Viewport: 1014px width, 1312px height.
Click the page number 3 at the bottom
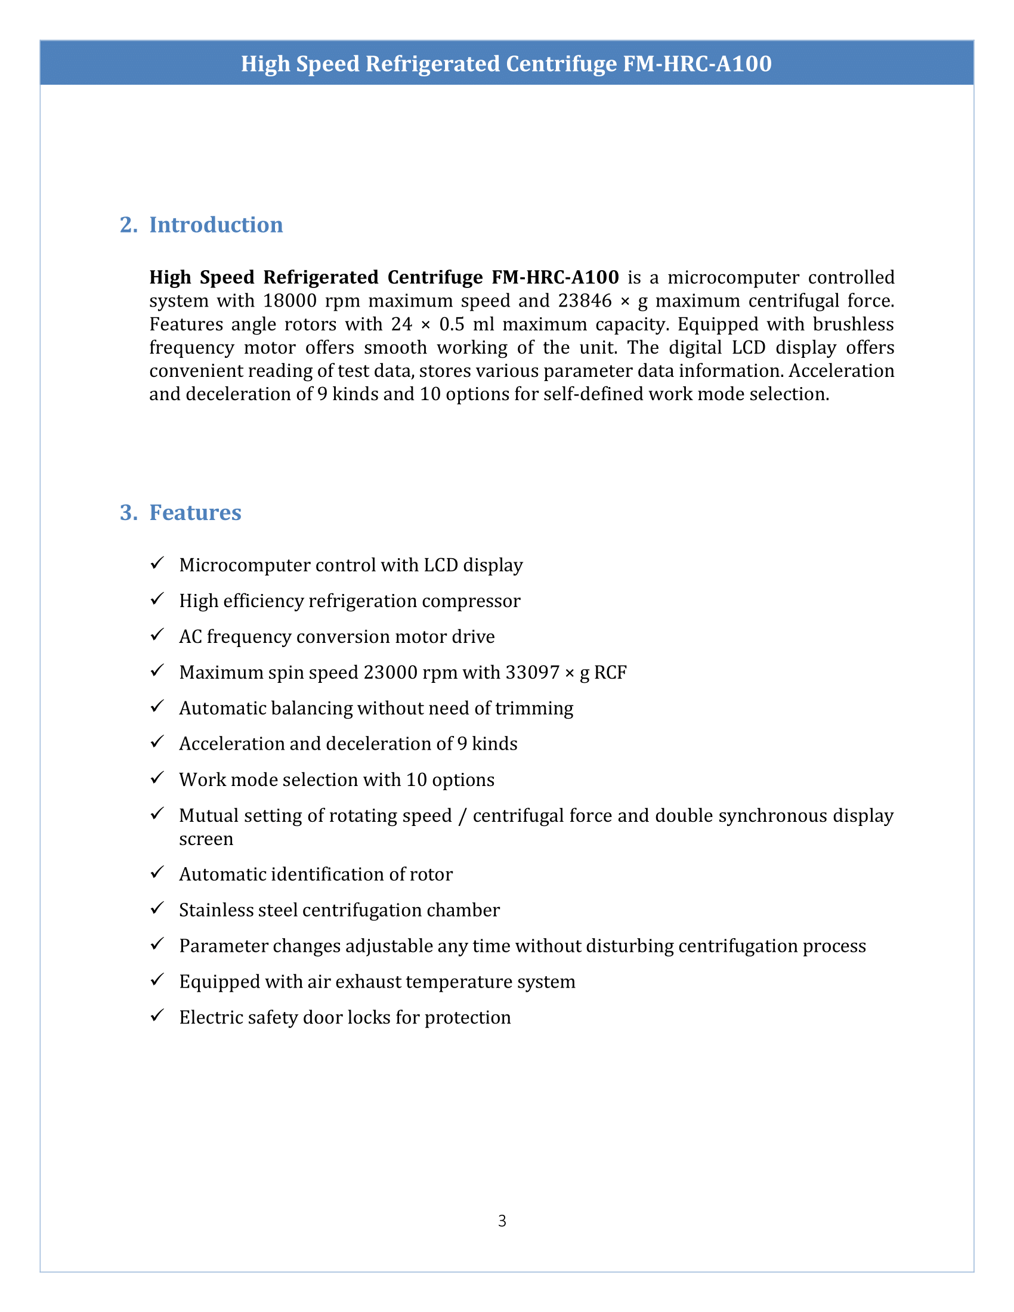coord(502,1221)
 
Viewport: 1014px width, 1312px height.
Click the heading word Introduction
coord(216,225)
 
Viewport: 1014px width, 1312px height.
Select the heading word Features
coord(195,512)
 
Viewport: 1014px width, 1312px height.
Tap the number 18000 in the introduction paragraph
coord(289,301)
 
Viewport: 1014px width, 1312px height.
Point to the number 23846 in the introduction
coord(585,301)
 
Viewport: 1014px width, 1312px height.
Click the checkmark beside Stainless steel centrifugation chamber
coord(157,908)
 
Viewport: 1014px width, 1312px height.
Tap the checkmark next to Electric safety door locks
coord(157,1015)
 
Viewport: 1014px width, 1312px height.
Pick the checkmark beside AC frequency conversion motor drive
coord(157,635)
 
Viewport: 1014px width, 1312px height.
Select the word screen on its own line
coord(206,839)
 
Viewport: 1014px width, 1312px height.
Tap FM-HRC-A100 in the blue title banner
coord(697,64)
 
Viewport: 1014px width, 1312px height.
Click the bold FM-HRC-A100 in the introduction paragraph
coord(555,277)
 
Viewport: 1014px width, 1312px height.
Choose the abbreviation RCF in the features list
coord(610,672)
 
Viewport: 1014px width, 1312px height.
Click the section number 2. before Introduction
coord(128,225)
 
